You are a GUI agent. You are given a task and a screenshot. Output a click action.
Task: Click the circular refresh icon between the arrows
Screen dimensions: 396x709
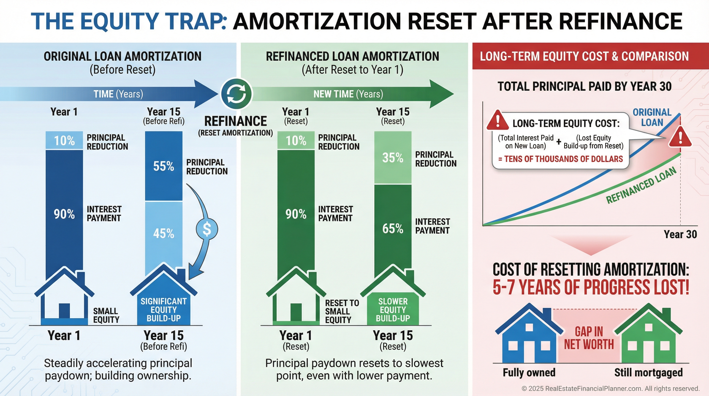tap(236, 94)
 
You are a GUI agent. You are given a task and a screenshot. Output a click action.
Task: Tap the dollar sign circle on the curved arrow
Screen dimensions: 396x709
tap(207, 229)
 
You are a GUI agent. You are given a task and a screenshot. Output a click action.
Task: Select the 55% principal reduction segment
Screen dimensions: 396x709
tap(164, 166)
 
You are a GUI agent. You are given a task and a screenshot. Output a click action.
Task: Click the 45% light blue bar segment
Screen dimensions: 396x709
tap(164, 234)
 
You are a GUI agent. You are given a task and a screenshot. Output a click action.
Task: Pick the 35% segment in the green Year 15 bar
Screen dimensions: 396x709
tap(393, 158)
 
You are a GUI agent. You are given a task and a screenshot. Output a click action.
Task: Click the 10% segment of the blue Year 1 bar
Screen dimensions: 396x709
tap(64, 141)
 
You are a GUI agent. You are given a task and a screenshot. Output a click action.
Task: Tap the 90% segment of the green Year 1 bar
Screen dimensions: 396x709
tap(296, 214)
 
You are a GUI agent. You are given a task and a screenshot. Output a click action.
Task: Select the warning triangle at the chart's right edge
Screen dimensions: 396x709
tap(680, 137)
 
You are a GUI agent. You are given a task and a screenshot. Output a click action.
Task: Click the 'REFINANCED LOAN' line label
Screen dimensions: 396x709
tap(641, 185)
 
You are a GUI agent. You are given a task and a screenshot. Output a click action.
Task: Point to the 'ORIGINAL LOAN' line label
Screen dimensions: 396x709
tap(652, 117)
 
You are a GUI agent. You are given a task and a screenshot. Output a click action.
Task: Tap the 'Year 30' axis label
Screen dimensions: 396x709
tap(680, 234)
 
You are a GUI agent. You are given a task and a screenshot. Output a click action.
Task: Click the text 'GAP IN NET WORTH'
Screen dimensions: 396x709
tap(589, 338)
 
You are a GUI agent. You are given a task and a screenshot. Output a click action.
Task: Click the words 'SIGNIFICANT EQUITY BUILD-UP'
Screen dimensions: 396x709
tap(164, 310)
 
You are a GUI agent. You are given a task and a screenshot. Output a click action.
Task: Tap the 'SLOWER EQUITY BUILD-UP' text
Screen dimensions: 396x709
tap(393, 310)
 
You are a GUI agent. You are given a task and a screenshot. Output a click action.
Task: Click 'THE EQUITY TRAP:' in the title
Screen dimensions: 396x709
tap(129, 21)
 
